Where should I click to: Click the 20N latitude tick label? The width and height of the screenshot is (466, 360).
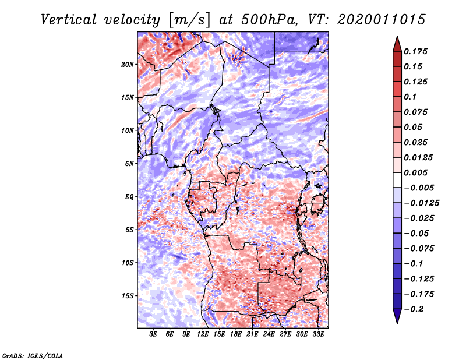pos(128,64)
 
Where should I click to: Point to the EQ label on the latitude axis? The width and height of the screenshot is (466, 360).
pos(130,197)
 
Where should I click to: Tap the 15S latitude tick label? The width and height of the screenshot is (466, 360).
pos(128,296)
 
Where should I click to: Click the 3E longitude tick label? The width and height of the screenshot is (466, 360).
pos(154,335)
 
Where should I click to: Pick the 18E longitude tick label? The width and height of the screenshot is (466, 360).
pos(220,335)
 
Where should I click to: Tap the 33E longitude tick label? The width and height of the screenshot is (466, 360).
pos(319,335)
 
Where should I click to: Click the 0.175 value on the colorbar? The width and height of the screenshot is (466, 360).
pos(416,51)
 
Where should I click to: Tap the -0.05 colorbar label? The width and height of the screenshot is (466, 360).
pos(418,234)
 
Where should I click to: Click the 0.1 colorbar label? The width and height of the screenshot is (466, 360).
pos(410,97)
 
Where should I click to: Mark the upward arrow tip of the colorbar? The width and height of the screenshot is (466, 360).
pos(397,37)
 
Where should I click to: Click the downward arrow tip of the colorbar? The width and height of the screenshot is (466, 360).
pos(397,322)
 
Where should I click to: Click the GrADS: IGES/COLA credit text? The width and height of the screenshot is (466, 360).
pos(32,354)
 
